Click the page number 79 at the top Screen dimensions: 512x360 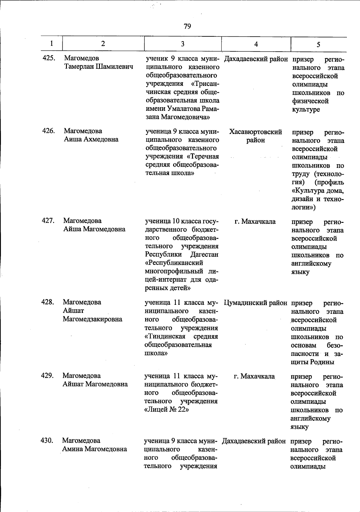(187, 26)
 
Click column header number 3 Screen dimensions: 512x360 (182, 44)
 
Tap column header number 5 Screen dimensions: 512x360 (318, 44)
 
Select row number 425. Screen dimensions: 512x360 (49, 58)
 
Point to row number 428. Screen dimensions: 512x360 (47, 302)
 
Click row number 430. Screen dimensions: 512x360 (47, 441)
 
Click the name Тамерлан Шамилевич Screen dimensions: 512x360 (98, 66)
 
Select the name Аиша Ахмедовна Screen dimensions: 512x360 (91, 139)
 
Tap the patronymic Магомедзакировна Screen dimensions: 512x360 (92, 319)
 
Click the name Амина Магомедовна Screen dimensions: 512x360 (94, 449)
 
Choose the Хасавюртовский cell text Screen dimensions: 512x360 (256, 132)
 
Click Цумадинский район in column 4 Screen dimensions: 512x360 (255, 303)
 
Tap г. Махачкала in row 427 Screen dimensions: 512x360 (255, 222)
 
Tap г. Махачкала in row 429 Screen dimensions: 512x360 (254, 376)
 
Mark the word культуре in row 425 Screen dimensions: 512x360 (306, 110)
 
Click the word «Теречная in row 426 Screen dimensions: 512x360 (203, 156)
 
